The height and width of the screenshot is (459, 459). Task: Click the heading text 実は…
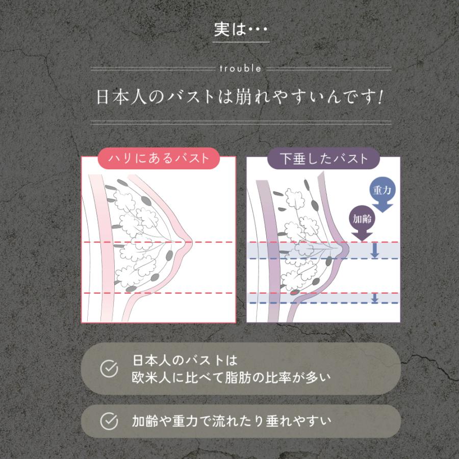point(241,30)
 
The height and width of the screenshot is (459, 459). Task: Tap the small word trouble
point(241,68)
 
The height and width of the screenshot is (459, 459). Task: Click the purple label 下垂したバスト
point(324,158)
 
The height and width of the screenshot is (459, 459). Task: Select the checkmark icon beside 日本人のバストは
point(109,369)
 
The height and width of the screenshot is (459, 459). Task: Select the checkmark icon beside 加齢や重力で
point(109,421)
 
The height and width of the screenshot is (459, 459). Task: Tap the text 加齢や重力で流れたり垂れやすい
point(224,421)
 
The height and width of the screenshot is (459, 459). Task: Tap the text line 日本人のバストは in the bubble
point(185,361)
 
